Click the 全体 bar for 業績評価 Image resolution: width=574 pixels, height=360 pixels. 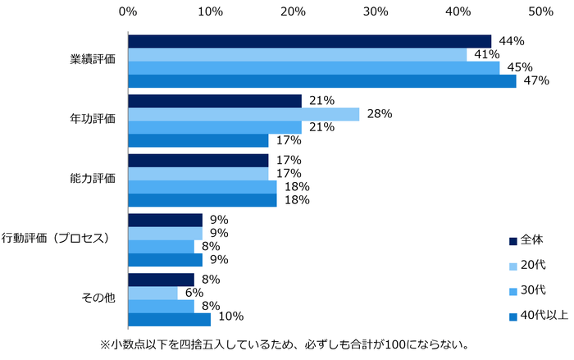click(309, 41)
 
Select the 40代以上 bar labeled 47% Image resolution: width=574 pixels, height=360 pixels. click(321, 81)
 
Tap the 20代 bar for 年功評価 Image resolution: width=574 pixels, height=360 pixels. click(244, 114)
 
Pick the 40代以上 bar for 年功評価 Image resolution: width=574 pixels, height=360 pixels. click(198, 140)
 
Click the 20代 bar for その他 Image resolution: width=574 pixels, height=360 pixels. click(153, 294)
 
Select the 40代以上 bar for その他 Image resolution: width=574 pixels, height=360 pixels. click(169, 320)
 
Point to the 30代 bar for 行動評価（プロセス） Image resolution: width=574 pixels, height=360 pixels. click(161, 247)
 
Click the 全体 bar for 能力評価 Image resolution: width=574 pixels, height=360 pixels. click(198, 161)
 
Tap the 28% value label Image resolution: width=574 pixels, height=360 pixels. click(380, 114)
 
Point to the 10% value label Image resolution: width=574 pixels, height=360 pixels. click(231, 320)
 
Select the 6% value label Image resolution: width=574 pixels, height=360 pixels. click(194, 294)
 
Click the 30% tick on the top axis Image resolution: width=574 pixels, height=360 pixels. click(376, 11)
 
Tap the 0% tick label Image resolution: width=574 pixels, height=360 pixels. click(128, 11)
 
